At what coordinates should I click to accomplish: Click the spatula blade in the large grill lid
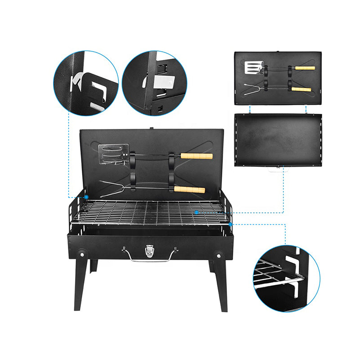pos(113,154)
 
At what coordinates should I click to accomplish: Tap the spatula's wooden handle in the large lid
pos(196,156)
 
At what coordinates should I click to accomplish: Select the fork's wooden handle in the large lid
pos(189,190)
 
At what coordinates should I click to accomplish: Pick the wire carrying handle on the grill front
pos(151,258)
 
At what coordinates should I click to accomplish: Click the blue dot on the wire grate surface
pos(196,211)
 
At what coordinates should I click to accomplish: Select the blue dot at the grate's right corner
pos(230,223)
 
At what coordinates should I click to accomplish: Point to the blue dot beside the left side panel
pos(85,197)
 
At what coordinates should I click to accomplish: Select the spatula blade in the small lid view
pos(251,67)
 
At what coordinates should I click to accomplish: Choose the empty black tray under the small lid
pos(278,139)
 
